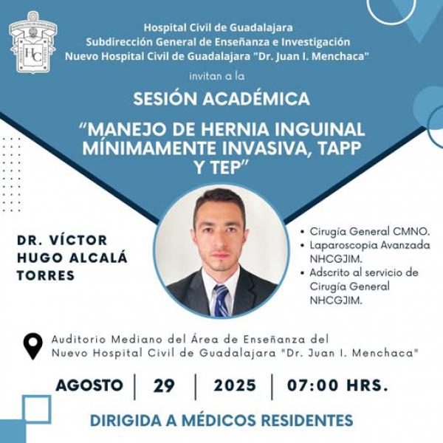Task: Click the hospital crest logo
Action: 33,42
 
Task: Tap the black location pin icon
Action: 33,346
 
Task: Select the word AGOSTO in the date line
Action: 89,385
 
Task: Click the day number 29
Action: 164,385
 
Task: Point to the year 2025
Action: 235,385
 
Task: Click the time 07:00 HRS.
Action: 337,385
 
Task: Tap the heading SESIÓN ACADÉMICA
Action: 221,99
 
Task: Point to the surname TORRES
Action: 46,275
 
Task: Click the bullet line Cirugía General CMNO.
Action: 370,231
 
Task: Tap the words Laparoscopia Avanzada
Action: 370,245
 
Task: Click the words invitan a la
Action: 217,76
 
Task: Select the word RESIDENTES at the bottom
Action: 307,420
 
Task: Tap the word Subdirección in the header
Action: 119,42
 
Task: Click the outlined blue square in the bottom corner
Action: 37,409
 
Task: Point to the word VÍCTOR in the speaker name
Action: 78,240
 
